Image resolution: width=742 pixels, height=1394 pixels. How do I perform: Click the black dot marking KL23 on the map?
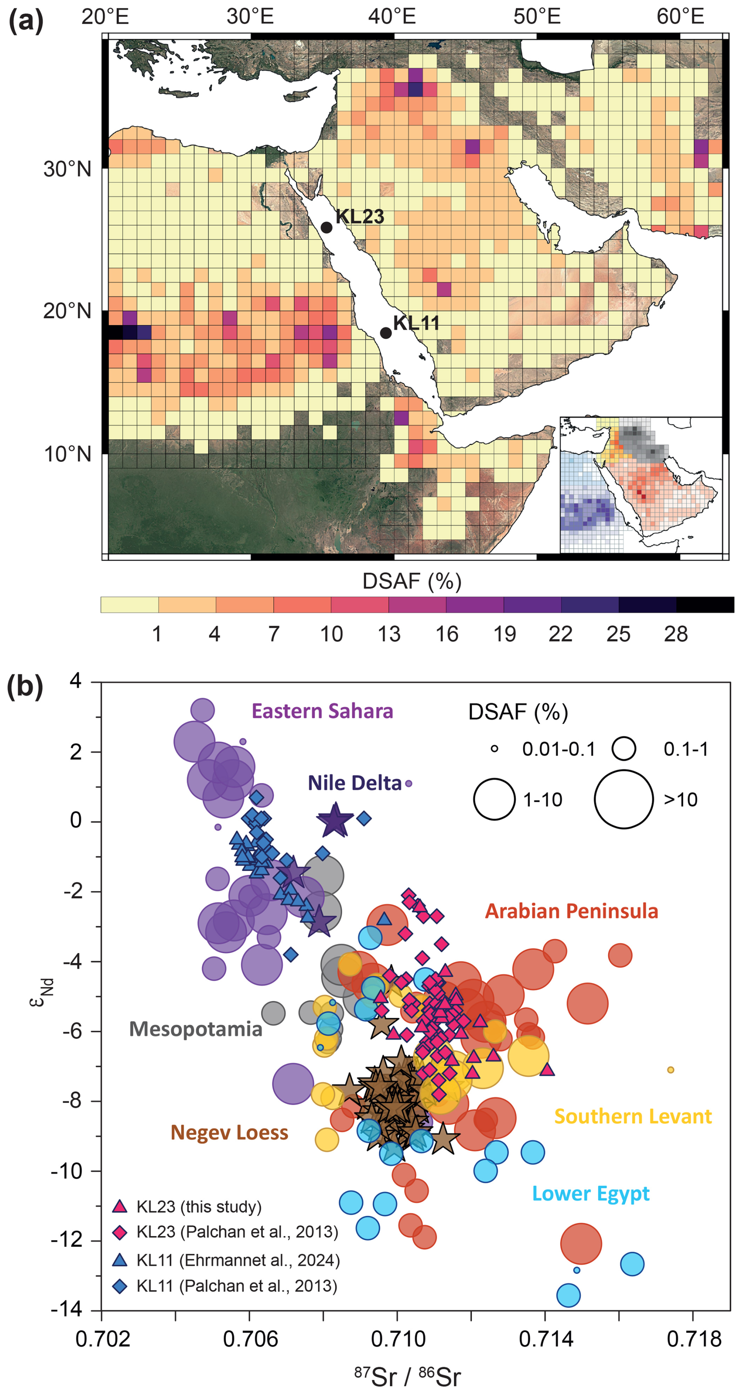click(x=327, y=227)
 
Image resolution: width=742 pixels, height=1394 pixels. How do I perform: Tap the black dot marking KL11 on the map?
click(x=386, y=333)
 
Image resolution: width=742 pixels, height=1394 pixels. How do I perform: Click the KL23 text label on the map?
click(x=360, y=217)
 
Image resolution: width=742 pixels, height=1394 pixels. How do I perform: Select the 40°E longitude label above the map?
click(x=392, y=17)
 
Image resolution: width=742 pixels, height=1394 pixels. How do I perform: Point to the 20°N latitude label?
click(x=67, y=311)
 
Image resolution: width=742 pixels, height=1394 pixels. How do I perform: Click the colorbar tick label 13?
click(x=389, y=634)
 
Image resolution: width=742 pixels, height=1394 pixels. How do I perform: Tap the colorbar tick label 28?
click(x=675, y=634)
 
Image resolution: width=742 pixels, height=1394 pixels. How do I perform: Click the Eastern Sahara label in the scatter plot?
click(x=322, y=711)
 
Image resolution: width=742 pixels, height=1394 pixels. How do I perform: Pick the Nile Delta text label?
click(x=355, y=783)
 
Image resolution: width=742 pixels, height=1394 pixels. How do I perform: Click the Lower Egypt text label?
click(x=591, y=1193)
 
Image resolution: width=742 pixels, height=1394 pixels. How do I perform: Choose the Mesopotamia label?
click(x=196, y=1029)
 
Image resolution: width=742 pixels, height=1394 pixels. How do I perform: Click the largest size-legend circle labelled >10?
click(x=624, y=799)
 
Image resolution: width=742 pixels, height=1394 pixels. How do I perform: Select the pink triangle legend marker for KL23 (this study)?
click(x=120, y=1206)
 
